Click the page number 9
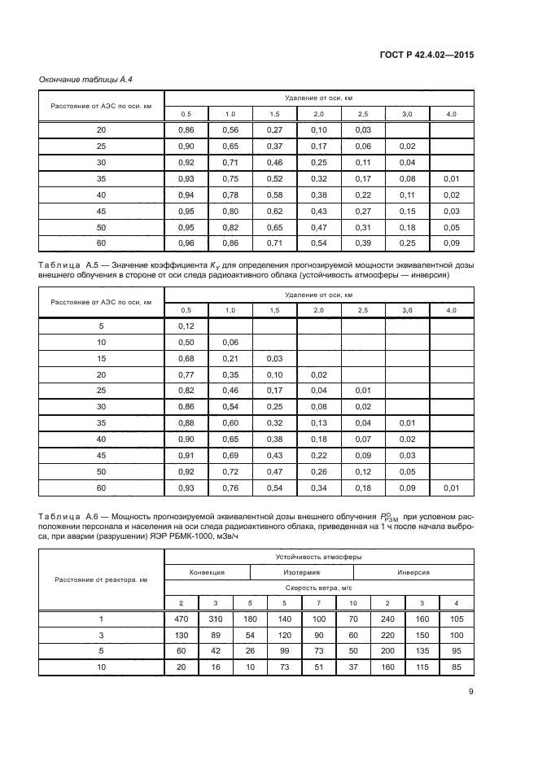coord(471,693)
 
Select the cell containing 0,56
coord(230,130)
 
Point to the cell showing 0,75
coord(230,178)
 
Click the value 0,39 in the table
coord(363,243)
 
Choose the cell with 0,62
coord(274,211)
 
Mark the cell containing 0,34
coord(318,488)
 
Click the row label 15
coord(102,359)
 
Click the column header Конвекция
coord(207,572)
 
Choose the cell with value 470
coord(182,619)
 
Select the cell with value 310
coord(215,619)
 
